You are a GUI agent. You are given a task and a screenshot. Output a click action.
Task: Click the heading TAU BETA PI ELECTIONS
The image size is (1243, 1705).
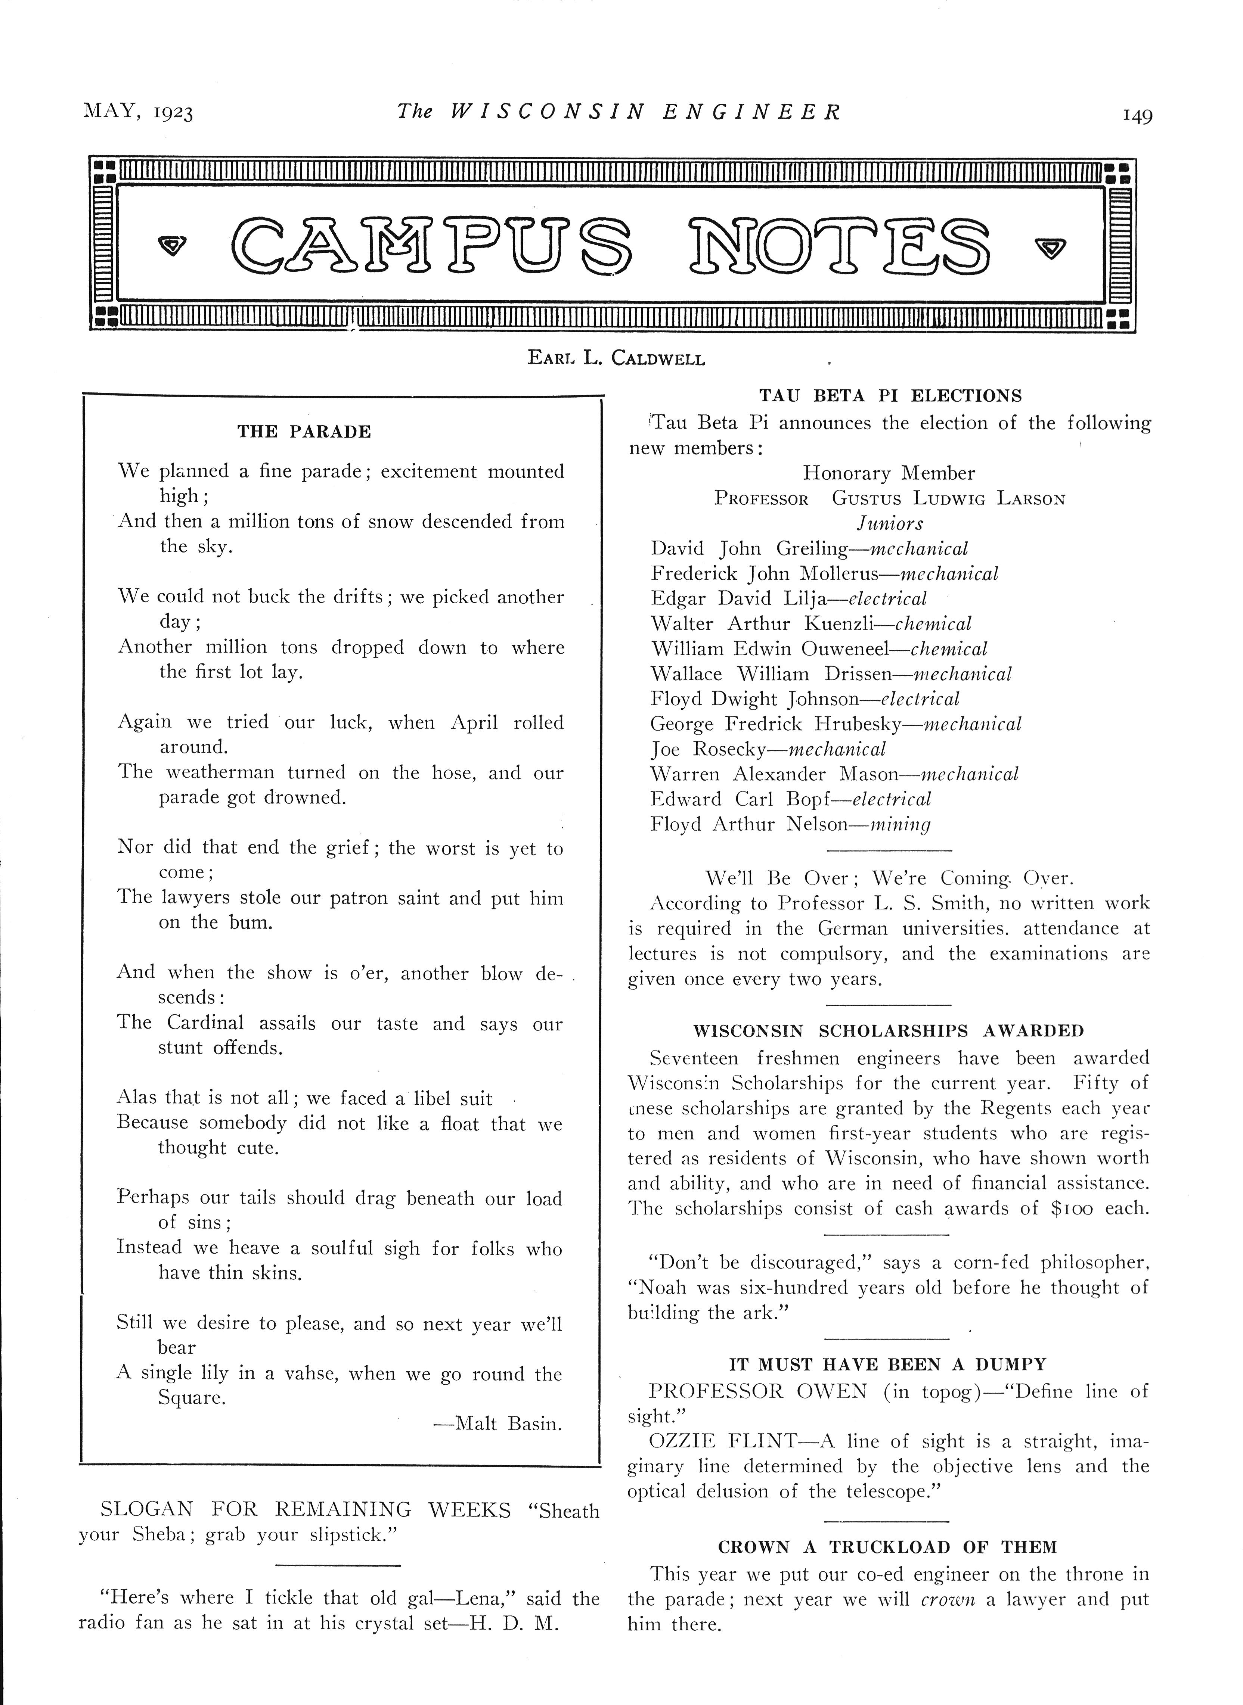[x=890, y=396]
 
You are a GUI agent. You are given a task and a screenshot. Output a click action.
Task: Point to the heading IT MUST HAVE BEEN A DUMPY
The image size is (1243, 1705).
[x=888, y=1364]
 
